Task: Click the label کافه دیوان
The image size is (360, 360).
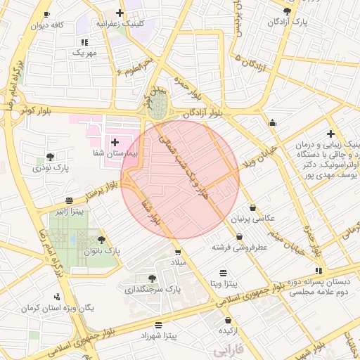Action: [47, 25]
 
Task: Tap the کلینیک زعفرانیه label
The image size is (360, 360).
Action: [123, 23]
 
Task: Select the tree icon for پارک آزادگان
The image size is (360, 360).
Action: [287, 12]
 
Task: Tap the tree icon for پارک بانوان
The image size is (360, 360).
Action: [101, 240]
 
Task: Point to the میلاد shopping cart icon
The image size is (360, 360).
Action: [178, 252]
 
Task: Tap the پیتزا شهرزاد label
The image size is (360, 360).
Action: [158, 336]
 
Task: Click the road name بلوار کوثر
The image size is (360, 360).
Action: [37, 111]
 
